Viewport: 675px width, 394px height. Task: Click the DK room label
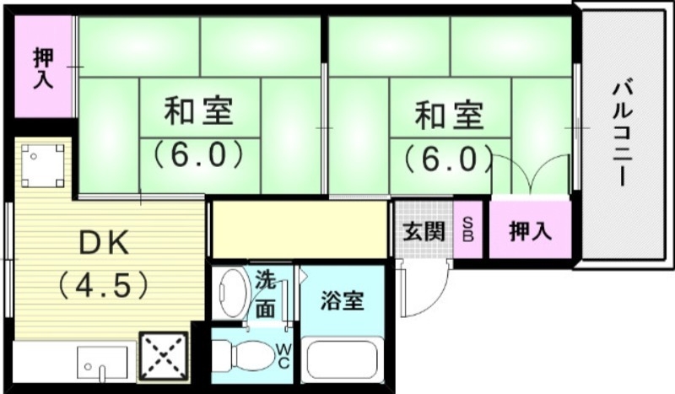(104, 244)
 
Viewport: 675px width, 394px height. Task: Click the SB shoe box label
(468, 230)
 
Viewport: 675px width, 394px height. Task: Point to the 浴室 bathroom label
(343, 301)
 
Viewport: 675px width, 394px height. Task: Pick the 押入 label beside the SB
(530, 229)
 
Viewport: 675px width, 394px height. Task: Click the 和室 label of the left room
(199, 111)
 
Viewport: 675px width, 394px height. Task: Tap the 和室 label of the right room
(450, 115)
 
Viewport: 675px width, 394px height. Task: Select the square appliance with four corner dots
(42, 166)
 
